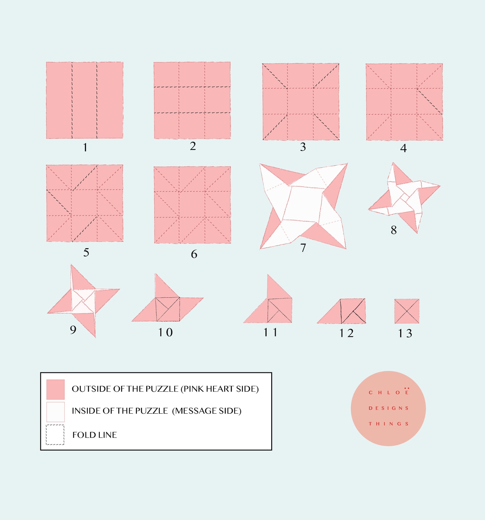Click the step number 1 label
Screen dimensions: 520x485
(85, 148)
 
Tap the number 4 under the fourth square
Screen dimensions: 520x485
(403, 148)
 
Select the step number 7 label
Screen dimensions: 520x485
(303, 248)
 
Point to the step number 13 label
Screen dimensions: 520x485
(405, 333)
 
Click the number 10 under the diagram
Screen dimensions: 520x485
(165, 332)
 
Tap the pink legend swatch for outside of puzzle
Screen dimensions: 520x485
(55, 389)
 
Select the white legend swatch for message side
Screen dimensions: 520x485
(55, 412)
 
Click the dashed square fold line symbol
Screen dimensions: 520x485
(55, 434)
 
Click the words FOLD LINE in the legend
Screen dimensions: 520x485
(95, 435)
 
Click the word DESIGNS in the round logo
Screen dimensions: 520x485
(388, 408)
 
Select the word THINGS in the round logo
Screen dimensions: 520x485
(388, 424)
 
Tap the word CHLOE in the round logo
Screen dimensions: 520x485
(388, 393)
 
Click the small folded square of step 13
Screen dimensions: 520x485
(407, 311)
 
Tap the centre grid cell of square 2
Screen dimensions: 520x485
(192, 100)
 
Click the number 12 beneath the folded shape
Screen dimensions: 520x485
(346, 333)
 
